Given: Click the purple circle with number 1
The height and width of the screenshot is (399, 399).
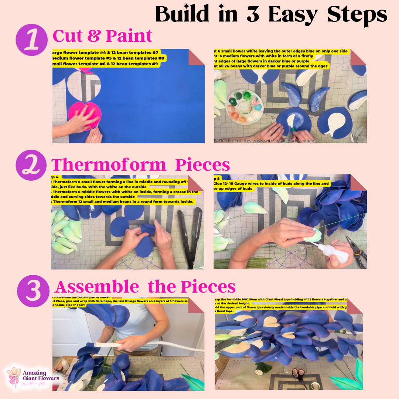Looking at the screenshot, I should pyautogui.click(x=31, y=40).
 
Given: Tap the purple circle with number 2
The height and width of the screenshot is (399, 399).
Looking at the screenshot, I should pyautogui.click(x=31, y=164).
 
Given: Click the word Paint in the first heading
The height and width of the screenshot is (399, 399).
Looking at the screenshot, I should pyautogui.click(x=129, y=36).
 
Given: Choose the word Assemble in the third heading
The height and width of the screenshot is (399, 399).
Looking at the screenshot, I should pyautogui.click(x=97, y=287).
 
